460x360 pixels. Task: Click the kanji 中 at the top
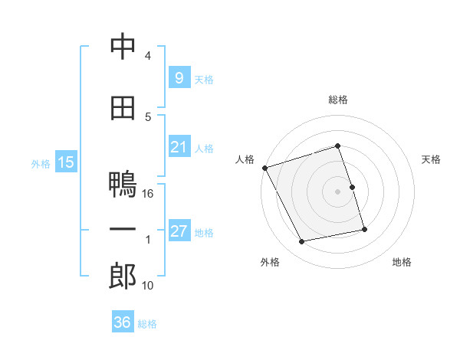pyautogui.click(x=123, y=47)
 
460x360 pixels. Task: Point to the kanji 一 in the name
pyautogui.click(x=123, y=230)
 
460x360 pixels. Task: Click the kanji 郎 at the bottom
pyautogui.click(x=123, y=277)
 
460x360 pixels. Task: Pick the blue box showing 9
pyautogui.click(x=179, y=77)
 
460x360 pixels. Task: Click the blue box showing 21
pyautogui.click(x=179, y=147)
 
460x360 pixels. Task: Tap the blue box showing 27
pyautogui.click(x=179, y=231)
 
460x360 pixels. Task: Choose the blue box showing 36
pyautogui.click(x=122, y=322)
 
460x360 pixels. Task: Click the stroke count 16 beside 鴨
pyautogui.click(x=149, y=193)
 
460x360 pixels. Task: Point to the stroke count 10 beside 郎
pyautogui.click(x=148, y=286)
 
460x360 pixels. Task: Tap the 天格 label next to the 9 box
pyautogui.click(x=204, y=79)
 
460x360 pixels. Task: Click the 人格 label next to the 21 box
pyautogui.click(x=204, y=149)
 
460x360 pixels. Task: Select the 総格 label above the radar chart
pyautogui.click(x=338, y=100)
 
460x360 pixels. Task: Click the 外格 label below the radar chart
pyautogui.click(x=270, y=262)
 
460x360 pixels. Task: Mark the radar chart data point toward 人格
pyautogui.click(x=264, y=168)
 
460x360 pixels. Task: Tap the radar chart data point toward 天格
pyautogui.click(x=352, y=187)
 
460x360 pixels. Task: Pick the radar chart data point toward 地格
pyautogui.click(x=364, y=229)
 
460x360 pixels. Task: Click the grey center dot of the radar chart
pyautogui.click(x=338, y=191)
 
